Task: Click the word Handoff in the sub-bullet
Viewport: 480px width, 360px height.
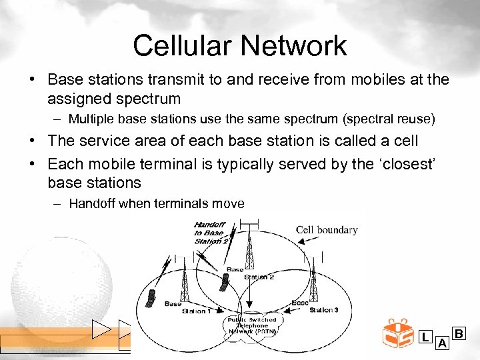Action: [91, 204]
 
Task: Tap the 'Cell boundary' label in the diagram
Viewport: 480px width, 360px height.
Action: [327, 230]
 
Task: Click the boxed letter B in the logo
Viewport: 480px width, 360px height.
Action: [459, 333]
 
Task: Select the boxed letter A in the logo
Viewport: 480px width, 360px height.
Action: [441, 343]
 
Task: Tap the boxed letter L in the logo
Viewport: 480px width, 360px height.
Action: [425, 337]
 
